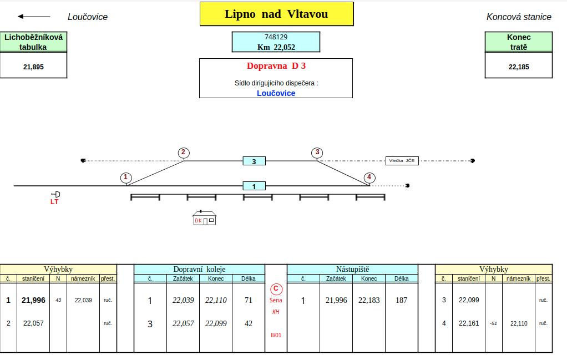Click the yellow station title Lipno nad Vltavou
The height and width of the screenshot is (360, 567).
pos(276,14)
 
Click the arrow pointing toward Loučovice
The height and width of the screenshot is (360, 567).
pos(34,16)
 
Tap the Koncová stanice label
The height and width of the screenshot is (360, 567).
pos(519,17)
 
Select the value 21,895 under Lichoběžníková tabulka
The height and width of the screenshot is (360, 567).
pos(33,67)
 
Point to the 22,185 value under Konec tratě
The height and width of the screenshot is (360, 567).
pos(519,67)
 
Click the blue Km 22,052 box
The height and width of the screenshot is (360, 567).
pos(276,42)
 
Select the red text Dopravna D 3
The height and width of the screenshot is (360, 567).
pos(276,66)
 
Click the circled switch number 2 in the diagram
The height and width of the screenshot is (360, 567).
pos(184,153)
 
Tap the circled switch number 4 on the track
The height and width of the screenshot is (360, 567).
pos(369,178)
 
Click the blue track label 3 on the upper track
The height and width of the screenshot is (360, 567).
pos(254,161)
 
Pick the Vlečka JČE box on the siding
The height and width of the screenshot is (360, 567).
pos(402,161)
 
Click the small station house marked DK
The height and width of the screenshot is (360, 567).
pos(204,217)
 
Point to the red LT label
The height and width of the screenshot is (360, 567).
pos(54,202)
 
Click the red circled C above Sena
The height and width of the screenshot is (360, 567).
pos(276,289)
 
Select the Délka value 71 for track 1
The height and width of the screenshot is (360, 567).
pos(249,300)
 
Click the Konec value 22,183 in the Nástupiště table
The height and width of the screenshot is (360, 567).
pos(369,300)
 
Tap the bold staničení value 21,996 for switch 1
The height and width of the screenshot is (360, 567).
pos(33,300)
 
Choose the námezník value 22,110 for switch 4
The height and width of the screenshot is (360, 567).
pos(519,323)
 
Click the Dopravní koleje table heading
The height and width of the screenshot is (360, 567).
pos(199,269)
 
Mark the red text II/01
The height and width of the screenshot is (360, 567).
pos(276,336)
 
